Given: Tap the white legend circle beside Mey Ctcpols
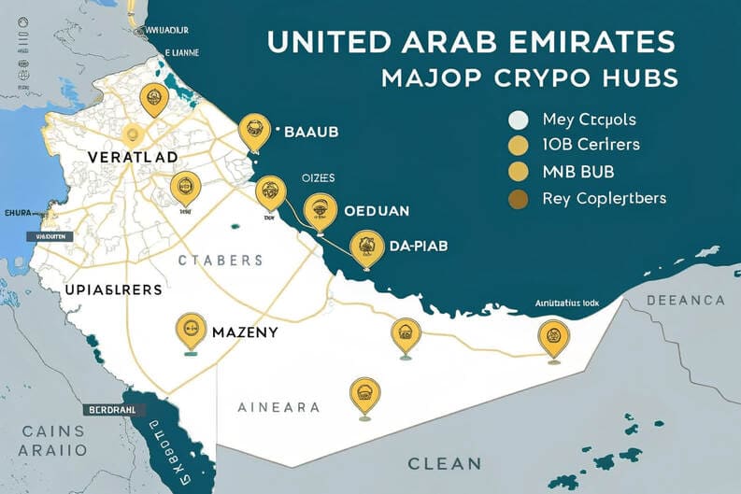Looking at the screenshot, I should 518,120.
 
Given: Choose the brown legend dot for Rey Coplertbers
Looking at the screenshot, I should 518,198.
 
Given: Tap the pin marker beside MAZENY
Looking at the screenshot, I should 191,328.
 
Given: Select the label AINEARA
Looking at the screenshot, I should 278,407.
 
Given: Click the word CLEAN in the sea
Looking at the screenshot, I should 444,462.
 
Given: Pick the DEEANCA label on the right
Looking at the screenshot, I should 685,300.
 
